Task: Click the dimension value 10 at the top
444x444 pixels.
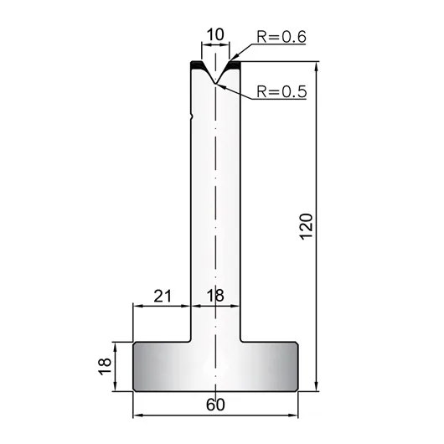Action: [215, 34]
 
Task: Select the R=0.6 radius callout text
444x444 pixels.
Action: [281, 37]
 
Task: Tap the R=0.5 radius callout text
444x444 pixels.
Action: [281, 91]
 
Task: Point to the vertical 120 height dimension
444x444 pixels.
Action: [307, 226]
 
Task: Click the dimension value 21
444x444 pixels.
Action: [163, 296]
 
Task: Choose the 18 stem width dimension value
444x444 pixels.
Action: [215, 296]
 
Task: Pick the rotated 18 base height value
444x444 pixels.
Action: [105, 366]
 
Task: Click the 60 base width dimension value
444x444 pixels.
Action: [215, 405]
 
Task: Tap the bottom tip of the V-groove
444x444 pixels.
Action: [215, 83]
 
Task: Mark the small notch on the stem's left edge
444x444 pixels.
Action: [193, 116]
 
